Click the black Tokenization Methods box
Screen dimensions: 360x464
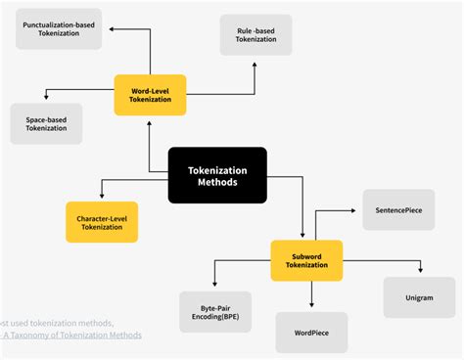pyautogui.click(x=217, y=175)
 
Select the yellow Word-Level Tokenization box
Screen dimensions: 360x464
pyautogui.click(x=150, y=96)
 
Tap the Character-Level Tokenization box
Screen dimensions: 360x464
pyautogui.click(x=102, y=222)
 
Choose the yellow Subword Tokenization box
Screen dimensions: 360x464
pyautogui.click(x=306, y=260)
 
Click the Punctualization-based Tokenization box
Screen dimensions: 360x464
pyautogui.click(x=59, y=29)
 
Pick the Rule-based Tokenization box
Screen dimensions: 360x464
pyautogui.click(x=256, y=36)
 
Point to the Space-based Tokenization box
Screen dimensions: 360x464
pyautogui.click(x=46, y=123)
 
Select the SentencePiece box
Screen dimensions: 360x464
pyautogui.click(x=398, y=210)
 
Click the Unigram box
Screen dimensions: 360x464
pyautogui.click(x=420, y=297)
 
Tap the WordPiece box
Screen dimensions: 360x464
pyautogui.click(x=310, y=333)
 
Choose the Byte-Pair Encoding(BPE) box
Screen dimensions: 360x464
pyautogui.click(x=215, y=312)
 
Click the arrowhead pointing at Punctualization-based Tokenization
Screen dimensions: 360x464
pyautogui.click(x=111, y=29)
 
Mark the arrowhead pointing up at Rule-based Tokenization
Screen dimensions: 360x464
pyautogui.click(x=255, y=66)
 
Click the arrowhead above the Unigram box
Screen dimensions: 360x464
pyautogui.click(x=420, y=271)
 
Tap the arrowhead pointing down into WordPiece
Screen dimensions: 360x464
pyautogui.click(x=310, y=305)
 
